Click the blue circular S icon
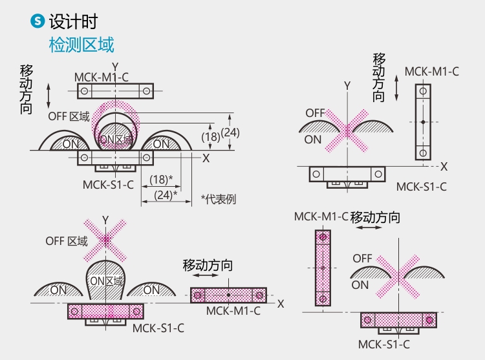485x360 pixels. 38,21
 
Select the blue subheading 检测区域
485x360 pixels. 81,45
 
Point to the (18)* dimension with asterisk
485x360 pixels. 160,180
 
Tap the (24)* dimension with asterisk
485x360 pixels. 166,193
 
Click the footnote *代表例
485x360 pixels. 218,199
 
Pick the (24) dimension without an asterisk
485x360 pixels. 230,132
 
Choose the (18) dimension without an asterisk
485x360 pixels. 210,136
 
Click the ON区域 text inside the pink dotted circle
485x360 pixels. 117,139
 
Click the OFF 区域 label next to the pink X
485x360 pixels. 66,241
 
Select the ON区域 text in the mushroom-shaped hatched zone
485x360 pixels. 106,281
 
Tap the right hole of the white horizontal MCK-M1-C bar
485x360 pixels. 146,91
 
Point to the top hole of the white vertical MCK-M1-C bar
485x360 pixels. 422,92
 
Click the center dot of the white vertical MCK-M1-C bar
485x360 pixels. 422,122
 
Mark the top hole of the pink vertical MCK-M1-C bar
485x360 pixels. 322,237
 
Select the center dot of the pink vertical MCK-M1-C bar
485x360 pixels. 322,267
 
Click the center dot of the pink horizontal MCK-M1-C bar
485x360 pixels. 228,295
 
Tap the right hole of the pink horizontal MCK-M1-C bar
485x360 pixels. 259,295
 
